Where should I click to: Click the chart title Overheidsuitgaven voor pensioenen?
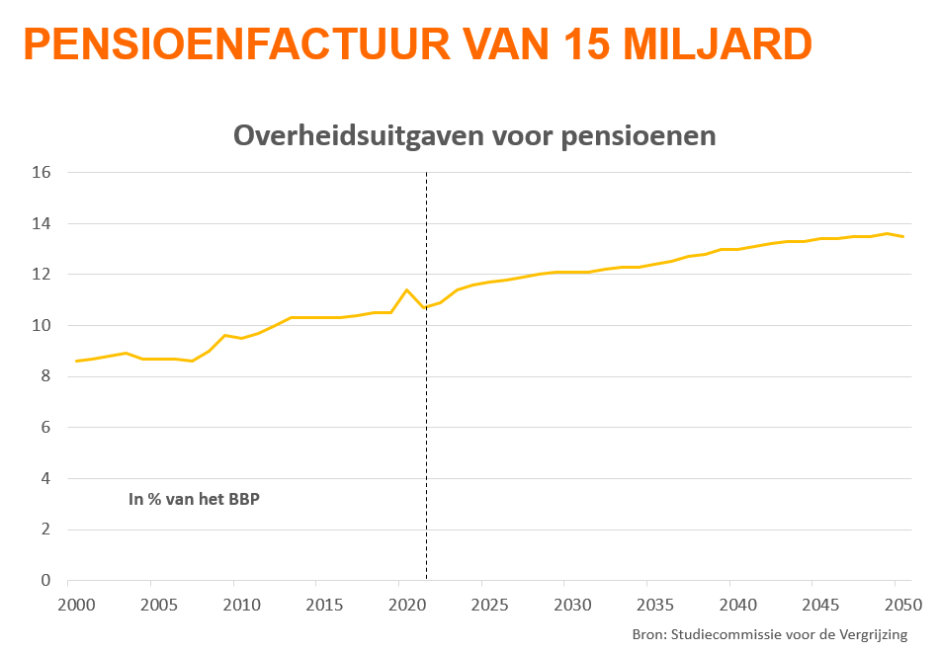[x=474, y=135]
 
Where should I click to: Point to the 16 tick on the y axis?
[x=42, y=172]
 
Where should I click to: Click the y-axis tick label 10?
[x=42, y=325]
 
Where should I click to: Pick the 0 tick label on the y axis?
[x=45, y=580]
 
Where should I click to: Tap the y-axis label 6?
[x=45, y=427]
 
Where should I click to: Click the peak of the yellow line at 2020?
[x=407, y=289]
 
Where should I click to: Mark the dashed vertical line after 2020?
[x=426, y=445]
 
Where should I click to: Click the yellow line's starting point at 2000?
[x=77, y=361]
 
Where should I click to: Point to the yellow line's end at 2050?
[x=903, y=236]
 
